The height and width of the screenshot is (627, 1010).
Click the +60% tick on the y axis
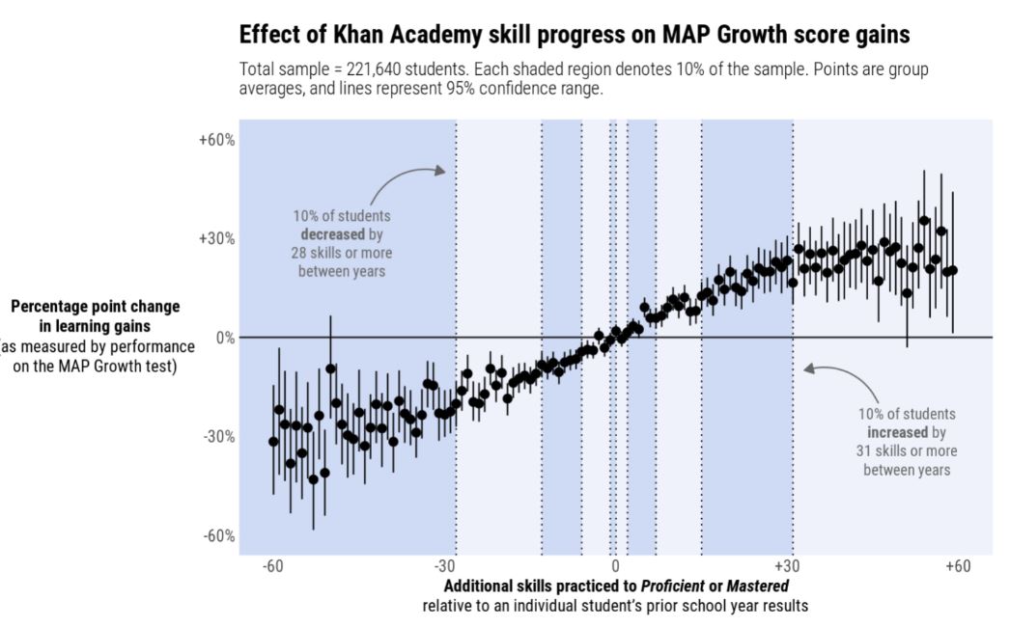pyautogui.click(x=217, y=140)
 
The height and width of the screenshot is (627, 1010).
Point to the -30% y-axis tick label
pyautogui.click(x=218, y=437)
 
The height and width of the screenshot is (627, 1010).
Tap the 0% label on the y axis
pyautogui.click(x=225, y=338)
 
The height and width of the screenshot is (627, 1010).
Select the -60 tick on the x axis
pyautogui.click(x=273, y=566)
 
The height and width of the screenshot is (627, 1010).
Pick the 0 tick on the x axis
pyautogui.click(x=615, y=566)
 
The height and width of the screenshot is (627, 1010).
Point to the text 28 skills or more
pyautogui.click(x=342, y=253)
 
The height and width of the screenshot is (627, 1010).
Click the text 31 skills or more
pyautogui.click(x=906, y=450)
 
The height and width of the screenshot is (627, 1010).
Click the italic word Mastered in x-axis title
pyautogui.click(x=757, y=586)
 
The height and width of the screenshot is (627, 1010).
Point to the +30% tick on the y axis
pyautogui.click(x=217, y=239)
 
